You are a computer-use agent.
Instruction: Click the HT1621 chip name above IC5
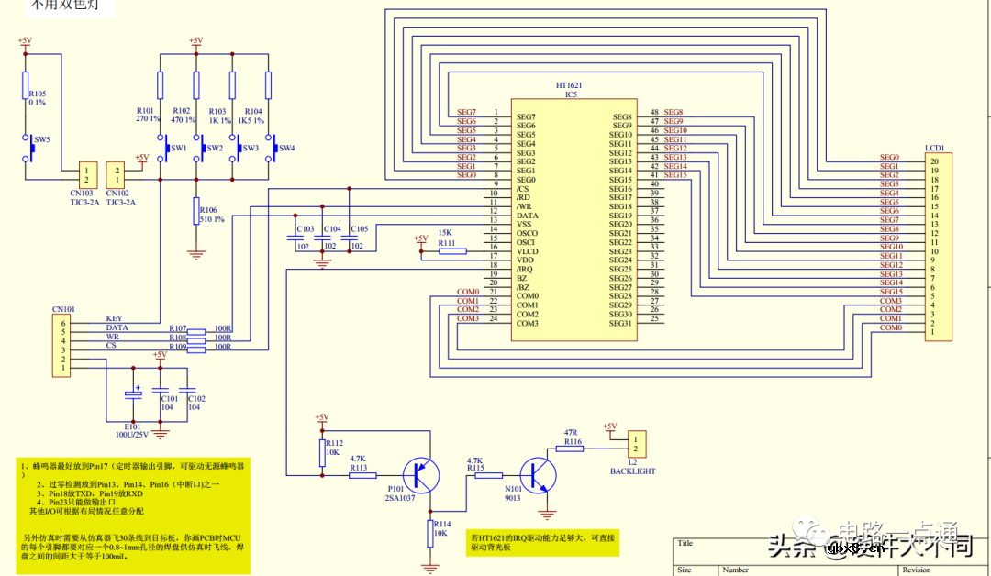(568, 84)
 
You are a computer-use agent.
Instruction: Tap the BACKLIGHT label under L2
(633, 471)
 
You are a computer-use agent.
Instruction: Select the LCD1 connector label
(935, 147)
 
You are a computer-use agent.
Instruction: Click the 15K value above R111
(446, 233)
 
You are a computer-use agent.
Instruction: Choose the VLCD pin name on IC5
(527, 251)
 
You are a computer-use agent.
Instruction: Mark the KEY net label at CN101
(114, 319)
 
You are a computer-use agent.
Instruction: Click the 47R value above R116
(571, 432)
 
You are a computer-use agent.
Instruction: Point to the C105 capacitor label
(360, 229)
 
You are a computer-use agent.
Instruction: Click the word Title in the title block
(685, 543)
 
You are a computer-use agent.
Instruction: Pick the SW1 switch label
(179, 148)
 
